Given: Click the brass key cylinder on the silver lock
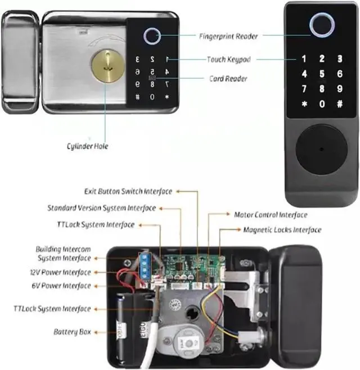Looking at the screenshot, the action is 109,66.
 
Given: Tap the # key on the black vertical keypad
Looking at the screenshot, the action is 339,104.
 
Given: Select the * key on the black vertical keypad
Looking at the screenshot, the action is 304,104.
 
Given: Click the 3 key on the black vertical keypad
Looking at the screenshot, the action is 340,58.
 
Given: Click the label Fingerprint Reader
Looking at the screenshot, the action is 228,37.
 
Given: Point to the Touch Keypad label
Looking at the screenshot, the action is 228,59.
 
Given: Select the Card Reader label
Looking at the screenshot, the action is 228,79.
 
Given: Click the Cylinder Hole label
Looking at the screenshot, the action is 87,146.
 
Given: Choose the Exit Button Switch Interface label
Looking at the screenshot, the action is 128,191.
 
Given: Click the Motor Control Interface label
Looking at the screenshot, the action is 271,215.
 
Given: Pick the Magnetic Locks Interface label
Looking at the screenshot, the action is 282,229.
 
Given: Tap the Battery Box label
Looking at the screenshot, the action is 72,332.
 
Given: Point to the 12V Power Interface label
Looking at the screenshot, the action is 60,272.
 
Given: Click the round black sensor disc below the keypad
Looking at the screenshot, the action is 321,149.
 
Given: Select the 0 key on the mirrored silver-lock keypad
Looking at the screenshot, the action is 152,97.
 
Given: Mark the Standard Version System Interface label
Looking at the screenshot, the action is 101,208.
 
